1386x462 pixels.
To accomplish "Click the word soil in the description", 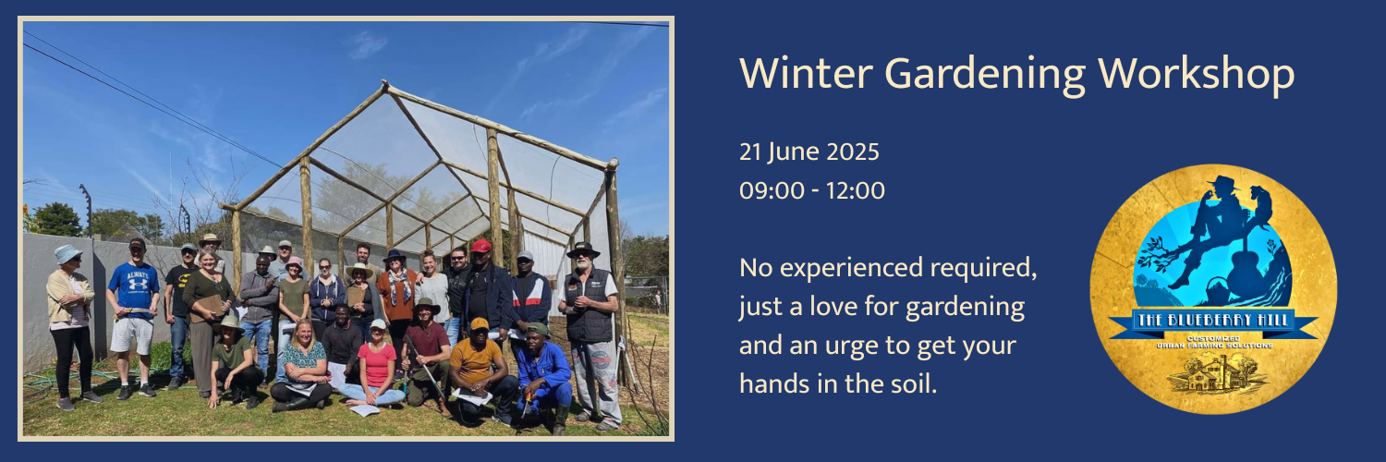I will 910,383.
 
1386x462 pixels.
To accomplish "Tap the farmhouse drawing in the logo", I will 1212,371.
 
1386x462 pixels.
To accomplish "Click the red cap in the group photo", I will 481,246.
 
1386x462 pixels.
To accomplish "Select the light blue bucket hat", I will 67,252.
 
